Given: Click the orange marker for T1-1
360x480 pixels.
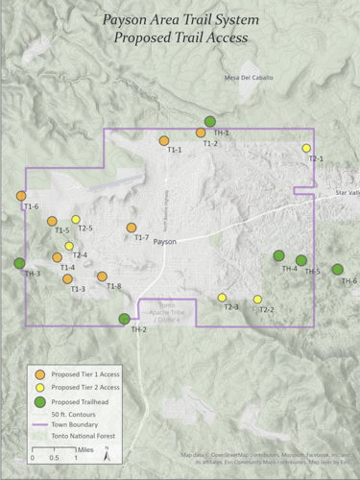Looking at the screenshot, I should (164, 140).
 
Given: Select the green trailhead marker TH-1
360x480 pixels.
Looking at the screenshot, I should (210, 121).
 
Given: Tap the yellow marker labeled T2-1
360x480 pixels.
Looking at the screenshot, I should (306, 148).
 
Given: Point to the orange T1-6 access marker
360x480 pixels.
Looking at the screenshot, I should (21, 196).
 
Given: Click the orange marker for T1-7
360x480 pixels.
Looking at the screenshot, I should (132, 228).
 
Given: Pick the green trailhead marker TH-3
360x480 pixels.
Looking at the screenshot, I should (19, 263).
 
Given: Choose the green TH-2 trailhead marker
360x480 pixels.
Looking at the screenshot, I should (124, 319).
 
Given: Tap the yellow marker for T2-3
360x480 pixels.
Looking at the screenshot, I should (222, 297).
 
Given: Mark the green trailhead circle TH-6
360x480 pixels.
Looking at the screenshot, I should (338, 269).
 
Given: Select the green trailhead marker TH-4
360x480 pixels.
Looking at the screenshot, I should (278, 255).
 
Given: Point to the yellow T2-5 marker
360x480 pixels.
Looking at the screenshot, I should (76, 220).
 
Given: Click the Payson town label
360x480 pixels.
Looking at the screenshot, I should (165, 243).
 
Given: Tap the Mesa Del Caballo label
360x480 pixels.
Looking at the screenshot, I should (248, 78).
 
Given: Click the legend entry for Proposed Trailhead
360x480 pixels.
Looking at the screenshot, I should (76, 401).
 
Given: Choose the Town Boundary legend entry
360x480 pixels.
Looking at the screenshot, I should (78, 424).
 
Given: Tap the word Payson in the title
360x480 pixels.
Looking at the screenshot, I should (127, 18).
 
